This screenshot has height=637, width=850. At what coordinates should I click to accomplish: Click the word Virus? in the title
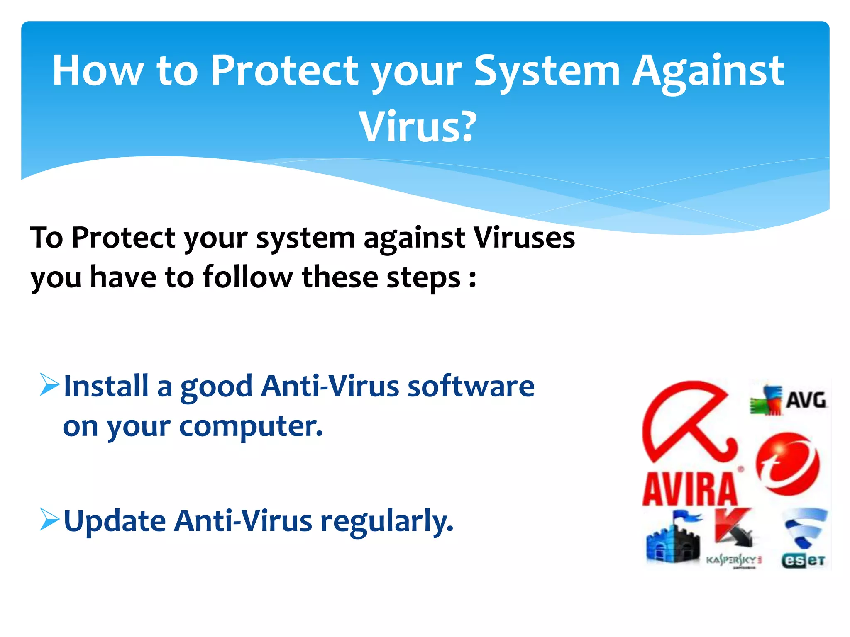pos(418,127)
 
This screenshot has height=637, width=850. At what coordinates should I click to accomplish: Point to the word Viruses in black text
pos(524,238)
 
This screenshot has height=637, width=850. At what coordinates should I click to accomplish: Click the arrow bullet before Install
pos(49,384)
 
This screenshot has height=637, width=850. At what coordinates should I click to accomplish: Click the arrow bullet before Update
pos(49,519)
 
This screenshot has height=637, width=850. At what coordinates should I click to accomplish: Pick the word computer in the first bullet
pos(251,426)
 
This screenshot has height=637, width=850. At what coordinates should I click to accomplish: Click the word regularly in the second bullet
pos(387,522)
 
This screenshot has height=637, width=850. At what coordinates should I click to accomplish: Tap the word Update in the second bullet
pos(115,522)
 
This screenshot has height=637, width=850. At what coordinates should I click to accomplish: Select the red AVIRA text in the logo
pos(690,489)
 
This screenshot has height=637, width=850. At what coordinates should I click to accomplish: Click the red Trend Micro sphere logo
pos(787,464)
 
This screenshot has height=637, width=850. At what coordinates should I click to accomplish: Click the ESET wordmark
pos(803,561)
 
